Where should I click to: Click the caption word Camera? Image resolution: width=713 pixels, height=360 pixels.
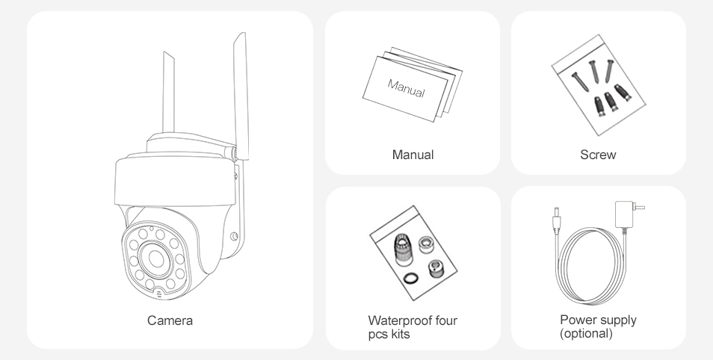[170, 320]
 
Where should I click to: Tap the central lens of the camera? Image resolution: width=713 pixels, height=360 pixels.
[156, 258]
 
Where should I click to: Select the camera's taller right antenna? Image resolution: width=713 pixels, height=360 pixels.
[241, 96]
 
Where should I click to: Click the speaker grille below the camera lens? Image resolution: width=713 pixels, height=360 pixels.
[159, 294]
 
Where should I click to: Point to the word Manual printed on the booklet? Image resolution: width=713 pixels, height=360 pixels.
[406, 88]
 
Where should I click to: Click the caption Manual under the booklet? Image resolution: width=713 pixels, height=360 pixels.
[413, 155]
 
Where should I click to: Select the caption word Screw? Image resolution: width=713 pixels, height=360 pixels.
[598, 155]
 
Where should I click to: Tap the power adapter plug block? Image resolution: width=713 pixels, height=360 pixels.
[624, 214]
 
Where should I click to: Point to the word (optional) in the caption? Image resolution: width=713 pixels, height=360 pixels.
[586, 333]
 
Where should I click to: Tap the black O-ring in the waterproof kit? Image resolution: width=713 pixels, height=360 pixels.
[411, 278]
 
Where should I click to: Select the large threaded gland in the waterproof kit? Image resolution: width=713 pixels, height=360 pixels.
[403, 249]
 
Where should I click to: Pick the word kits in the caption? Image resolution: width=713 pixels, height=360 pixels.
[401, 334]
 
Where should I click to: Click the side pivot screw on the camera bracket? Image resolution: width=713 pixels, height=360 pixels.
[234, 236]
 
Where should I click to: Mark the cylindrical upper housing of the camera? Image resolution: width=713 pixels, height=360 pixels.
[176, 181]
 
